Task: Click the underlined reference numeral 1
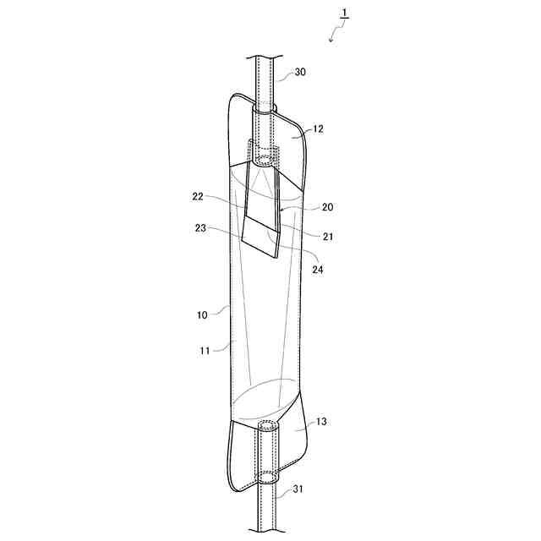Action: click(x=344, y=14)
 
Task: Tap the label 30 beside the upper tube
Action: click(x=300, y=72)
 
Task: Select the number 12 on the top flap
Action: click(x=318, y=128)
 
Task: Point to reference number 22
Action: click(x=198, y=197)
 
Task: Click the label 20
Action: click(x=327, y=206)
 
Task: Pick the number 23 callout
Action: click(x=200, y=228)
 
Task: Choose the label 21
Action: click(x=328, y=237)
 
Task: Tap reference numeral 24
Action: click(x=318, y=270)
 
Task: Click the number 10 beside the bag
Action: click(x=202, y=314)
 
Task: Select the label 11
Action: click(x=205, y=351)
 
